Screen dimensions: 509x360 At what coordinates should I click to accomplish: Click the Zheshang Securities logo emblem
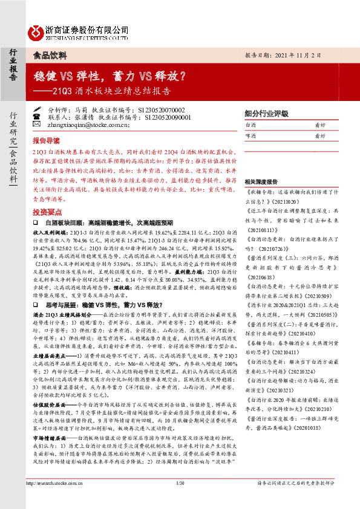37,31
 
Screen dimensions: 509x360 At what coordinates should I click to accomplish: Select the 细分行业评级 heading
266,113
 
